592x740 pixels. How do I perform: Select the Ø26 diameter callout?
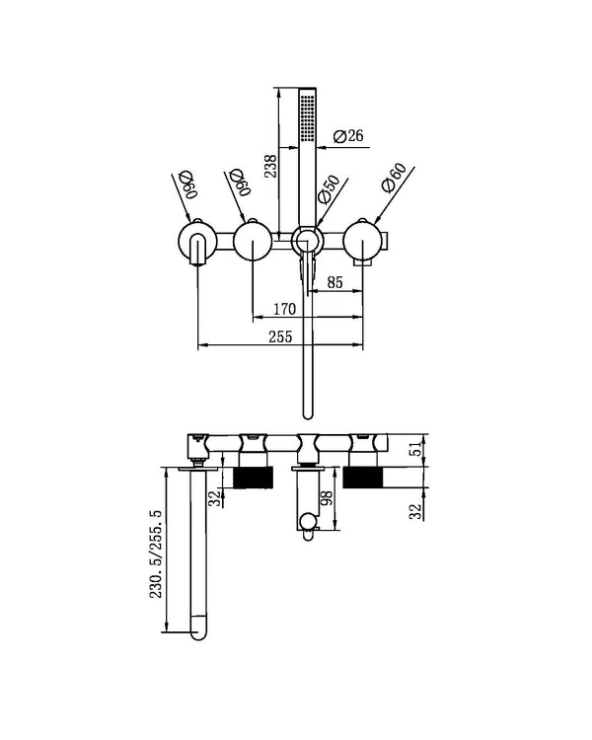pos(350,136)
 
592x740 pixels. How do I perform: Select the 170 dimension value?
pos(282,310)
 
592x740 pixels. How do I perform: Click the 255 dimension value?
pos(281,337)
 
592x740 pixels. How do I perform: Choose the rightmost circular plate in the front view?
pos(363,242)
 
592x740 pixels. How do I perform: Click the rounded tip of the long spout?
pos(201,625)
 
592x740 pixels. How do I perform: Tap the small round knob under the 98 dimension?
pos(308,520)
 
